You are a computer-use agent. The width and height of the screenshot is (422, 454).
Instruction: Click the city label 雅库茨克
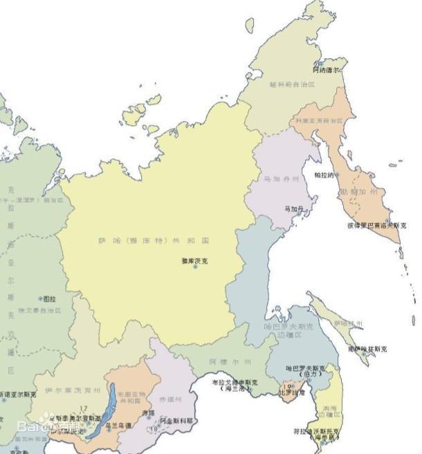(x=194, y=260)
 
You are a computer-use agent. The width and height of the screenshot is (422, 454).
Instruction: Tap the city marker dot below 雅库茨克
(x=195, y=267)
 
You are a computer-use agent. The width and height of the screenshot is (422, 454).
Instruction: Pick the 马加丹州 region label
(x=282, y=179)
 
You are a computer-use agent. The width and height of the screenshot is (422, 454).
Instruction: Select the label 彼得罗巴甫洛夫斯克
(x=377, y=225)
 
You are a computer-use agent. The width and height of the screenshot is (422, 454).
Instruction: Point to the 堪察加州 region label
(x=359, y=191)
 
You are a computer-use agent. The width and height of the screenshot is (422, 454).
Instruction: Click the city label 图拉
(x=50, y=300)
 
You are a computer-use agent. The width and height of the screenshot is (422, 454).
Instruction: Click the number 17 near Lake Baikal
(x=84, y=408)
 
